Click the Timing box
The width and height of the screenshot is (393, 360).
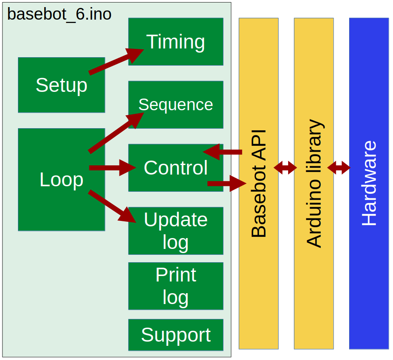point(175,42)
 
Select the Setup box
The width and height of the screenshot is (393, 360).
point(61,85)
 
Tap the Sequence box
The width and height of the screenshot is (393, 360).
point(175,104)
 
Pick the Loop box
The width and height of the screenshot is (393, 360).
point(61,180)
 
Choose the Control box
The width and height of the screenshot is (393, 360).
point(175,168)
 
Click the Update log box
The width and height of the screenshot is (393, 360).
point(175,231)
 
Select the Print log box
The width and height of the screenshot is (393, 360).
point(175,286)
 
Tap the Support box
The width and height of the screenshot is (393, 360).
point(175,335)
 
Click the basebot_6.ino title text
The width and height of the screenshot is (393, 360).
point(59,14)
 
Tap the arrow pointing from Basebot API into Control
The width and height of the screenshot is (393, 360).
point(223,152)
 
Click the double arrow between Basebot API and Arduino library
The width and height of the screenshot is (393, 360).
point(285,168)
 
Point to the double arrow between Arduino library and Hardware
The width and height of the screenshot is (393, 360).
point(339,168)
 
